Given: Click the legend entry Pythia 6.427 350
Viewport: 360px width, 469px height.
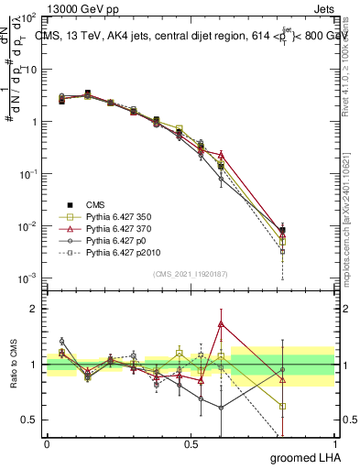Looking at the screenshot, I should tap(109, 216).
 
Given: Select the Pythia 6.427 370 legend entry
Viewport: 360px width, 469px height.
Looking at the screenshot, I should tap(109, 228).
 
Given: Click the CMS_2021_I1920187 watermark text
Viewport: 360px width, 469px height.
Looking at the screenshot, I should tap(191, 272).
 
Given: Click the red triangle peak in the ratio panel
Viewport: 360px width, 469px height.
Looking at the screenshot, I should tap(221, 323).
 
